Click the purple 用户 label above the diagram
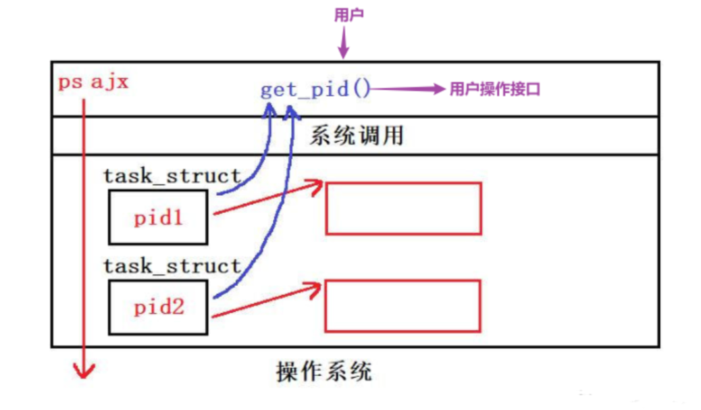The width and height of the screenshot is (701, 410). (x=349, y=16)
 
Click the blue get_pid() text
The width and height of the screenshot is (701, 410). (x=315, y=90)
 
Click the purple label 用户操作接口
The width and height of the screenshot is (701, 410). (x=494, y=90)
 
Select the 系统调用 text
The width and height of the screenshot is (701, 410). (x=356, y=136)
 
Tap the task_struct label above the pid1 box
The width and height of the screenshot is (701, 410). (x=172, y=176)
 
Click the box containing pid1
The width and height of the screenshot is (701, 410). (x=158, y=217)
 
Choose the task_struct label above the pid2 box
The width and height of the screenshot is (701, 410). (x=172, y=265)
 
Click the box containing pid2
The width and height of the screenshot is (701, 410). (x=158, y=307)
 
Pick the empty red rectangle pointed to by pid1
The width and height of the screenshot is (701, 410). (x=403, y=208)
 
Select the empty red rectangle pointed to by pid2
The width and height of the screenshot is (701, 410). (x=403, y=306)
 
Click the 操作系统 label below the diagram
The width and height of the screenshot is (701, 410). (x=323, y=371)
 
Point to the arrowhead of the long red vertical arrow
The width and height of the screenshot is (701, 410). (x=84, y=370)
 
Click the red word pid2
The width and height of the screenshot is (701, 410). (x=158, y=308)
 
